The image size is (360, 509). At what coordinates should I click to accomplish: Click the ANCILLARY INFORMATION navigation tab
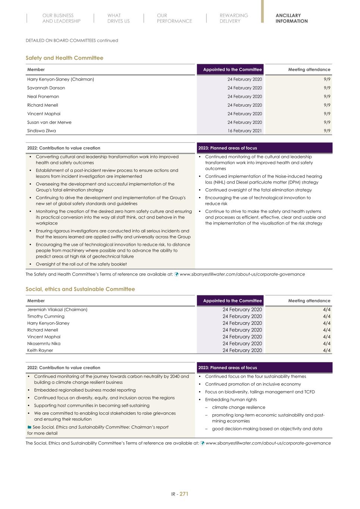[291, 18]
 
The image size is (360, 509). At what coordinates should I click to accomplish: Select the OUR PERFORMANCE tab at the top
[174, 18]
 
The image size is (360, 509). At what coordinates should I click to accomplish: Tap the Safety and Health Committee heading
[64, 58]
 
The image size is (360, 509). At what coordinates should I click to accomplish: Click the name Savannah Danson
[46, 88]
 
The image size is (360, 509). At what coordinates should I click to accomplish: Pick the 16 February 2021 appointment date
[245, 131]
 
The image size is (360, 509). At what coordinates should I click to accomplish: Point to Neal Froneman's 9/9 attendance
[327, 97]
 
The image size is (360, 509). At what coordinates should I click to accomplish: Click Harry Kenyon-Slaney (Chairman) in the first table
[60, 79]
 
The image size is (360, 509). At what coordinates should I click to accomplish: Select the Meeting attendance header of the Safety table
[309, 70]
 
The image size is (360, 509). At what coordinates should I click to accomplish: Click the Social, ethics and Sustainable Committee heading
[80, 289]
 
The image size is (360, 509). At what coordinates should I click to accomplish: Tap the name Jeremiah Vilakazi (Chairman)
[57, 310]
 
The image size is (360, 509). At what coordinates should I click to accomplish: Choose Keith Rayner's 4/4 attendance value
[326, 351]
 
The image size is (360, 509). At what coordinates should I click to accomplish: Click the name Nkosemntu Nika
[44, 344]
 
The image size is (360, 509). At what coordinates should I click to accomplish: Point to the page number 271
[184, 494]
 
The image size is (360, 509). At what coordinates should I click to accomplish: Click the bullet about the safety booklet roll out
[81, 264]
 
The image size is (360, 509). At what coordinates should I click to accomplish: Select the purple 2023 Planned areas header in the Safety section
[264, 148]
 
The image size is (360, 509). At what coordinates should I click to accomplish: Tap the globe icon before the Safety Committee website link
[176, 274]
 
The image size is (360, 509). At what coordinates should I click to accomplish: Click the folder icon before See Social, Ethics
[29, 427]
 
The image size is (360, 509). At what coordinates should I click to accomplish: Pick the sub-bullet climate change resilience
[238, 408]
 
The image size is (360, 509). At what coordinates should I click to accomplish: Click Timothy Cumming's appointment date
[242, 317]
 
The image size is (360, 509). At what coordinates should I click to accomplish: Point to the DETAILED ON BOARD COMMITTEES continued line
[72, 40]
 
